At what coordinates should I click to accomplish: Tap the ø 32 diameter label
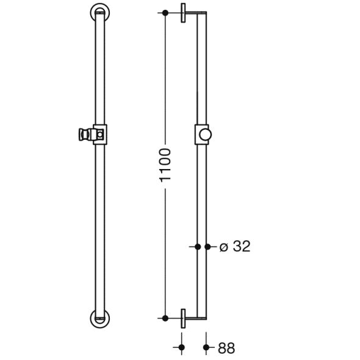(235, 247)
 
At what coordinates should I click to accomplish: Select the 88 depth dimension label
(226, 348)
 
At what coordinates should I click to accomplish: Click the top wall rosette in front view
(99, 12)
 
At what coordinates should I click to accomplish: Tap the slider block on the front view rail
(99, 134)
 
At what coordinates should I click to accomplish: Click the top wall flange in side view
(183, 13)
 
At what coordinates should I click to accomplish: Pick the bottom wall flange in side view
(183, 318)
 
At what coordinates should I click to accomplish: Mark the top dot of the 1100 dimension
(165, 13)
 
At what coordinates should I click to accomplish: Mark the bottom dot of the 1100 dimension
(165, 318)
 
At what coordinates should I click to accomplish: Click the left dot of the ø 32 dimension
(197, 247)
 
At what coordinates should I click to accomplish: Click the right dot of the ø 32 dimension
(207, 247)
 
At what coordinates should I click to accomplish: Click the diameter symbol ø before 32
(223, 247)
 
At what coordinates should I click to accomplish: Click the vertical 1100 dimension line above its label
(165, 79)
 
